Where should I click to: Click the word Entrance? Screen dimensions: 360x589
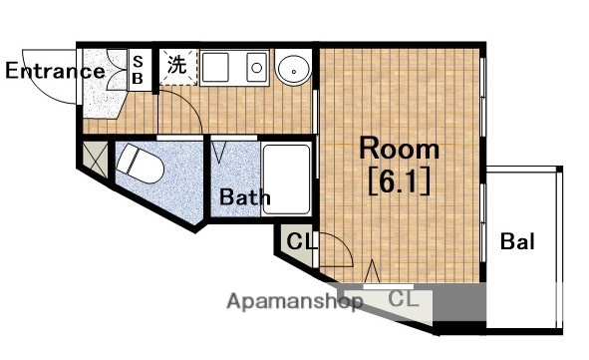(54, 71)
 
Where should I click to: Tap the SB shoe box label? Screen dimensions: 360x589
(139, 71)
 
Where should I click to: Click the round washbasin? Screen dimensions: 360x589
(293, 70)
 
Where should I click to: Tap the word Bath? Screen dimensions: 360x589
(245, 197)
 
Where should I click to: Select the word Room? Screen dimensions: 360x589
(399, 150)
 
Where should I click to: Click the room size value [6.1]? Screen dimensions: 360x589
(399, 182)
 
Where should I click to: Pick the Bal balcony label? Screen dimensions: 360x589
(517, 240)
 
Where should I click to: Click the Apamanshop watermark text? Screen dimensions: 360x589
(294, 301)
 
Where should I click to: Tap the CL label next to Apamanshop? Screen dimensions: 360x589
(403, 299)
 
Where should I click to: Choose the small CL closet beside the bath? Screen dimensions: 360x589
(297, 241)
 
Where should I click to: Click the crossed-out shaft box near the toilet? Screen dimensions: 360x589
(95, 157)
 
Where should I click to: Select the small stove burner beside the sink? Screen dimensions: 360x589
(256, 68)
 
